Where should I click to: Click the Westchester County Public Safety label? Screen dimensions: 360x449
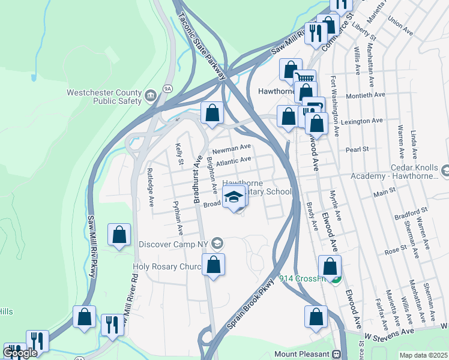pos(104,97)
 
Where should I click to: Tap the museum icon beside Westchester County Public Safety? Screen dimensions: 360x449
pos(151,94)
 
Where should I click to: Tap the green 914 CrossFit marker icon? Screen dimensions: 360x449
pos(337,279)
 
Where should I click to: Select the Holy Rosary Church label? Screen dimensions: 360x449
pos(166,267)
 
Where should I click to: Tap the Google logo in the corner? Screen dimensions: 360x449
pos(20,353)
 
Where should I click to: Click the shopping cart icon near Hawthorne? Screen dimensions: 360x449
pos(306,78)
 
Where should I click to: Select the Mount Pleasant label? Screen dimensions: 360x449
pos(302,354)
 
